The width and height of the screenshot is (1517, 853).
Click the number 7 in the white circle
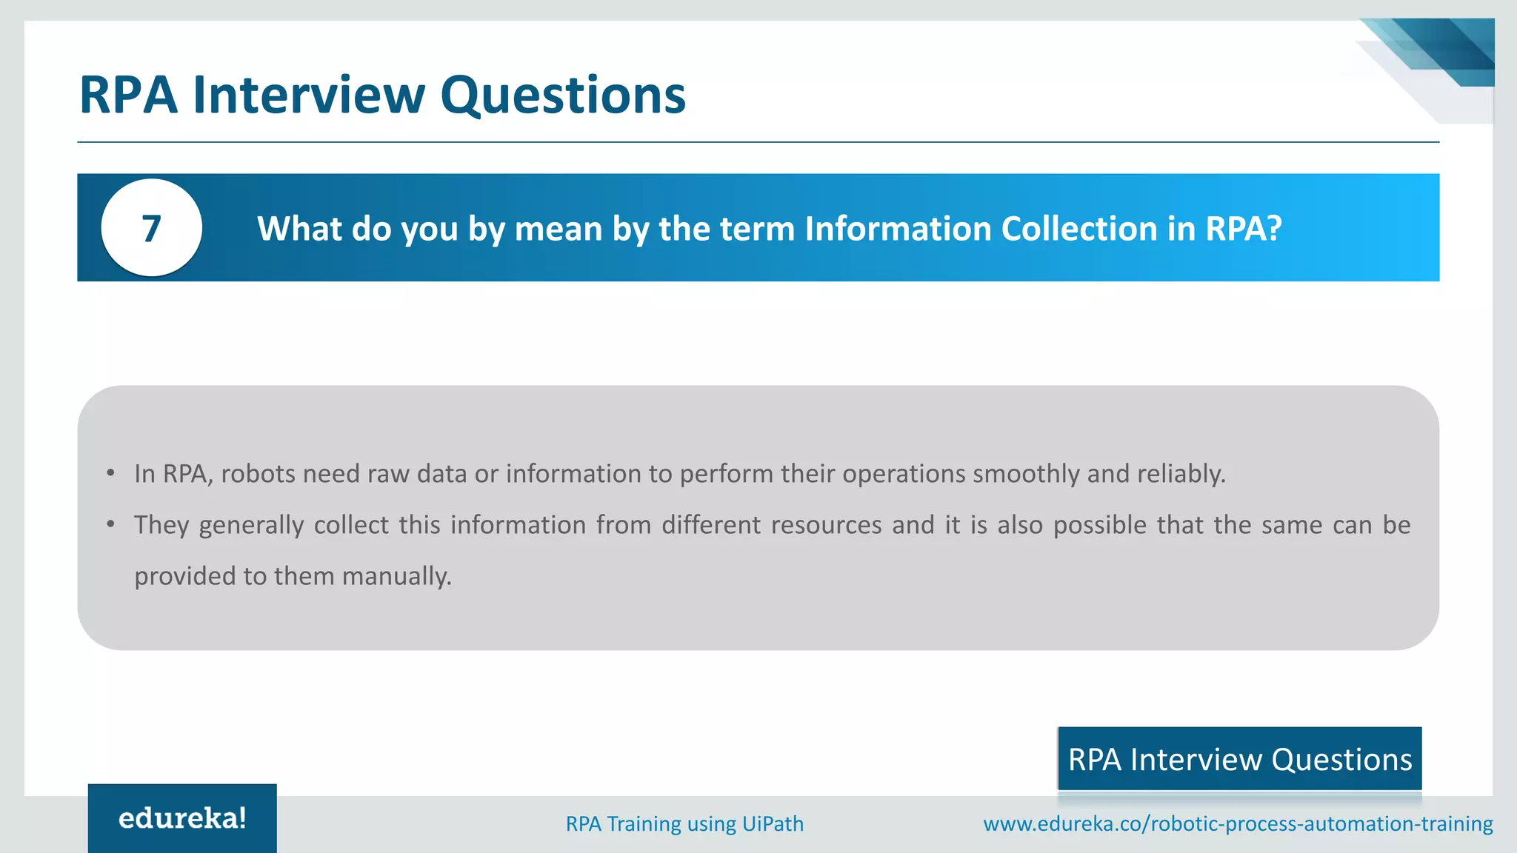[x=151, y=228]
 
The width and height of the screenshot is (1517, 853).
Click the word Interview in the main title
[x=309, y=95]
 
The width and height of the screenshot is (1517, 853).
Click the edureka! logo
[x=182, y=818]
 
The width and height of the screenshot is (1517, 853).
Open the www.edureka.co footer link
[x=1238, y=824]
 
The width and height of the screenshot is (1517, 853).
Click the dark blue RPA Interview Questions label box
[x=1239, y=759]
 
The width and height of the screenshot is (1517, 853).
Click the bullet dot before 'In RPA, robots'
[x=110, y=473]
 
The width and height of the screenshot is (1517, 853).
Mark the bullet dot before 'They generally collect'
[x=110, y=525]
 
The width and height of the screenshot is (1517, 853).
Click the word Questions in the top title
[x=563, y=95]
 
